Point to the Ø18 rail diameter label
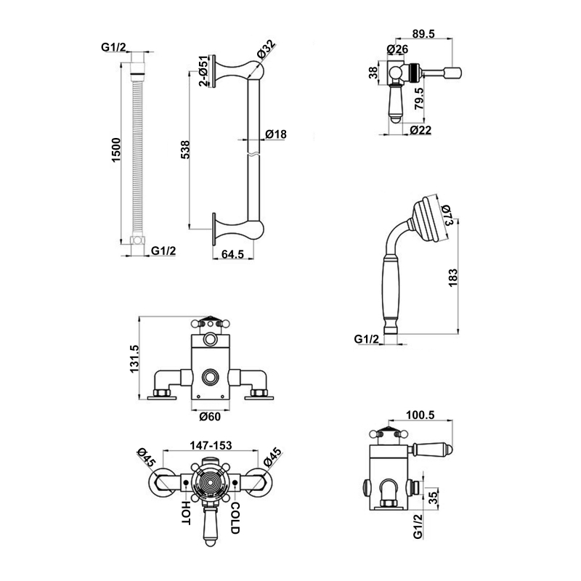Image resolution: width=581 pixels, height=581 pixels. point(275,134)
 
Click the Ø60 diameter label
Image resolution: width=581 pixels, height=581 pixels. point(209,416)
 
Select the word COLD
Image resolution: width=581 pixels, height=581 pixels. point(235,517)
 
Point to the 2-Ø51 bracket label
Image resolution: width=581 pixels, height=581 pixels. point(205,70)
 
